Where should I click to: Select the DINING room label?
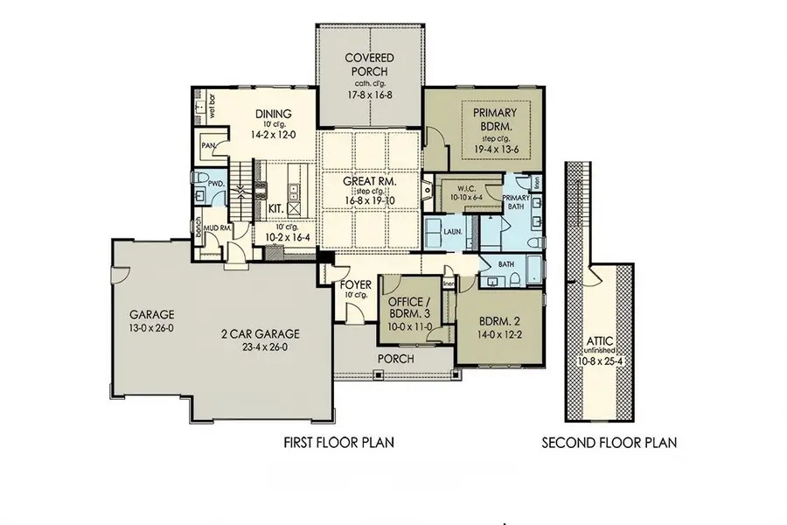pos(273,114)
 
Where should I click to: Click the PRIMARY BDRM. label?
pos(495,120)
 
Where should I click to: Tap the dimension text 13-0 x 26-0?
pos(152,327)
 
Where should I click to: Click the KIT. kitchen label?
pos(275,209)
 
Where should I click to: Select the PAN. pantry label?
pos(208,147)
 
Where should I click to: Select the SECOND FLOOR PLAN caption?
pos(609,443)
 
